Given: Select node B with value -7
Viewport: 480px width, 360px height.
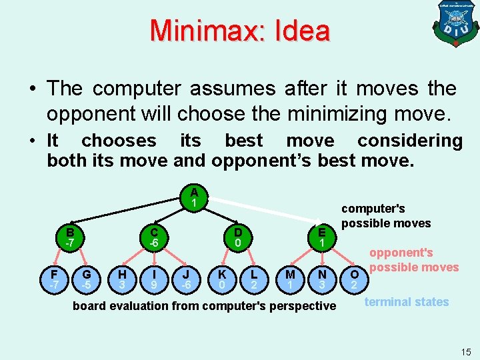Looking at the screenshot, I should (x=69, y=237).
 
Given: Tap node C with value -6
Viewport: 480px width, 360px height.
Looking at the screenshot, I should (x=154, y=237).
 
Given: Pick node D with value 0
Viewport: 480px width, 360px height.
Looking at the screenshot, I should (x=237, y=237).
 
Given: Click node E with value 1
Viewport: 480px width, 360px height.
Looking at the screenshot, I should (x=322, y=237).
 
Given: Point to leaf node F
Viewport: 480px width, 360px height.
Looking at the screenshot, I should (x=54, y=279).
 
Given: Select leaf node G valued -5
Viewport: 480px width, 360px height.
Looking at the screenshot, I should (x=87, y=279).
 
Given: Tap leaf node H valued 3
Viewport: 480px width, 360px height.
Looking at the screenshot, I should (x=121, y=279).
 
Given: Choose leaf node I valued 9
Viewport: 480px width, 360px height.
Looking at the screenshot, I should (x=154, y=279).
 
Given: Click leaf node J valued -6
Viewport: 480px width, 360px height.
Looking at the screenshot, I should (x=187, y=279).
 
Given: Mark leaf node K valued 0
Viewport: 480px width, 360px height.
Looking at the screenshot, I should (x=221, y=279).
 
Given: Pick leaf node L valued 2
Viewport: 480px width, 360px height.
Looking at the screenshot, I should (x=254, y=279).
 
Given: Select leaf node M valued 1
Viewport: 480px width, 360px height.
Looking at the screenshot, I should (x=290, y=279).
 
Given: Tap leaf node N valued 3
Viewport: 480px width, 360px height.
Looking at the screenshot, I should (x=322, y=279).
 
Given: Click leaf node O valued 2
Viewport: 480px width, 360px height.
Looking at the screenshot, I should (x=355, y=279).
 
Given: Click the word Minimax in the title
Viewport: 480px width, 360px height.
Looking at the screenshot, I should (x=196, y=31).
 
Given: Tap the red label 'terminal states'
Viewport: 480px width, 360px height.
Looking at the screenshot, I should (x=407, y=302).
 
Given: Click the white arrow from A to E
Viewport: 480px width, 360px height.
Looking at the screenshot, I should (x=267, y=213).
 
